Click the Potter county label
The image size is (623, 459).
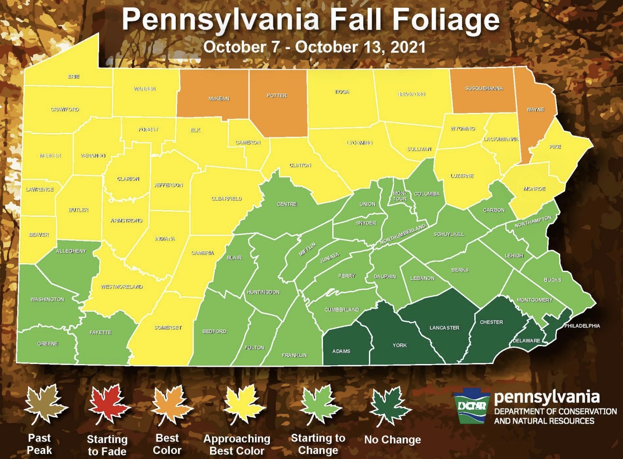point(277,95)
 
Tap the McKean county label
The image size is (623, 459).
point(219,99)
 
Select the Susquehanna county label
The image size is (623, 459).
point(484,88)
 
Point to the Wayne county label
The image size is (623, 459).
point(535,109)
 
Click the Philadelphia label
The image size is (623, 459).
point(582,326)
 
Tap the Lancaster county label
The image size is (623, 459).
point(444,328)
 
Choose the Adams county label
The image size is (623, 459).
point(341,351)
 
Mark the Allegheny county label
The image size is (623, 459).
point(71,251)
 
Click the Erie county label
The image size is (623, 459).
point(73,77)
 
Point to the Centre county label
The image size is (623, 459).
point(287,204)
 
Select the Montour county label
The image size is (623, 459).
point(400,196)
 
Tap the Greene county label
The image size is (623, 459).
point(48,343)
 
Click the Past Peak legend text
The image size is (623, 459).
point(39,444)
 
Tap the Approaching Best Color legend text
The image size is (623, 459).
point(237,444)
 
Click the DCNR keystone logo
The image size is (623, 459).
point(471,406)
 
